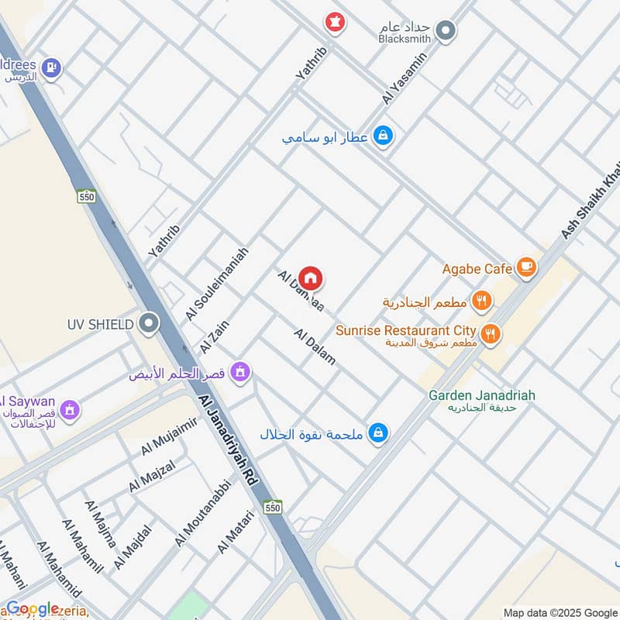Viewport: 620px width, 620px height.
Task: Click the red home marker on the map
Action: pyautogui.click(x=311, y=278)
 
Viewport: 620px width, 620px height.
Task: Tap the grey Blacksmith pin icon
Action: pyautogui.click(x=446, y=31)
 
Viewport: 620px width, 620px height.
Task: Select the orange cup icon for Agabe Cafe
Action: pyautogui.click(x=526, y=268)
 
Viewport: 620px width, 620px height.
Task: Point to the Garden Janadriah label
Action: pyautogui.click(x=481, y=395)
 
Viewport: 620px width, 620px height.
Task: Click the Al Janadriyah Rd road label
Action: pyautogui.click(x=226, y=437)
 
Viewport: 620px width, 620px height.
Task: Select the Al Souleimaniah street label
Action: pyautogui.click(x=217, y=284)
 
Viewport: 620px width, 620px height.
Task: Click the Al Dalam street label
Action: pyautogui.click(x=315, y=346)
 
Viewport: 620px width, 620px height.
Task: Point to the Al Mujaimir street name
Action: pyautogui.click(x=169, y=437)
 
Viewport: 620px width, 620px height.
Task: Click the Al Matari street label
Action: pyautogui.click(x=236, y=532)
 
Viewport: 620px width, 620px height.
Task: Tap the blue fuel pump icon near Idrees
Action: pyautogui.click(x=52, y=68)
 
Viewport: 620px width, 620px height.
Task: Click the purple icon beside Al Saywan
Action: pyautogui.click(x=70, y=408)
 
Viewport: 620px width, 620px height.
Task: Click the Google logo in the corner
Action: pyautogui.click(x=33, y=608)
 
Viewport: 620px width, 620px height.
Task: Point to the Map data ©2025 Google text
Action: pyautogui.click(x=560, y=612)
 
